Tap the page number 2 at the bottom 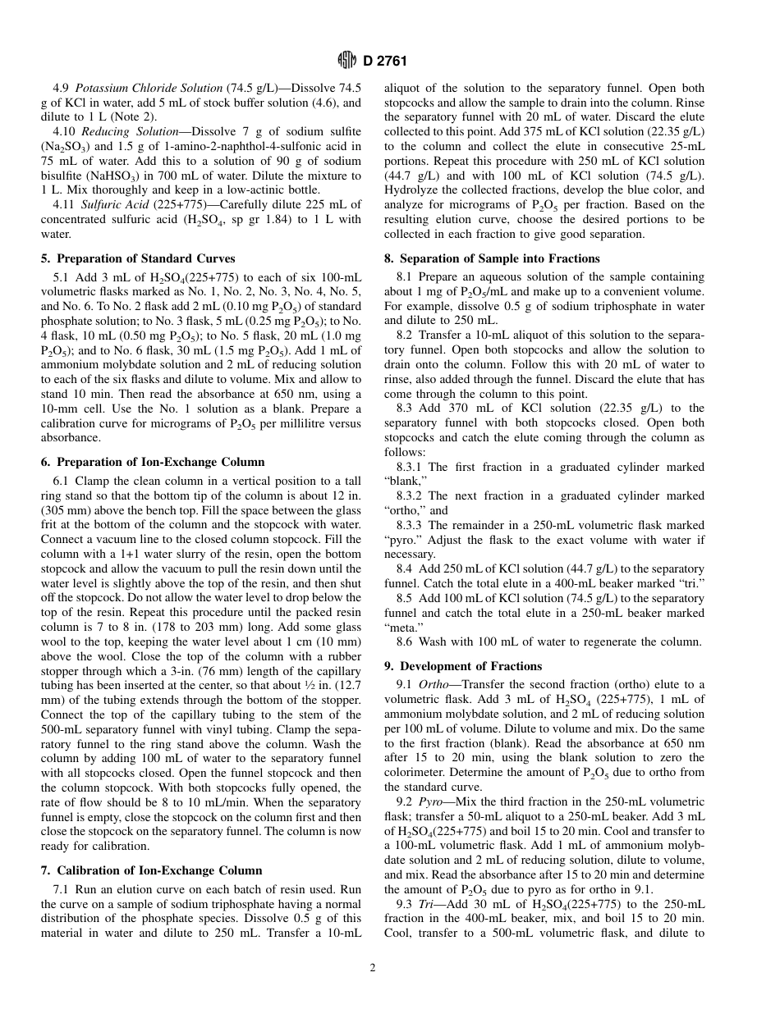(x=372, y=968)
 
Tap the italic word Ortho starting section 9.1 (x=434, y=684)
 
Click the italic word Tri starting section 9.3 (x=428, y=903)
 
